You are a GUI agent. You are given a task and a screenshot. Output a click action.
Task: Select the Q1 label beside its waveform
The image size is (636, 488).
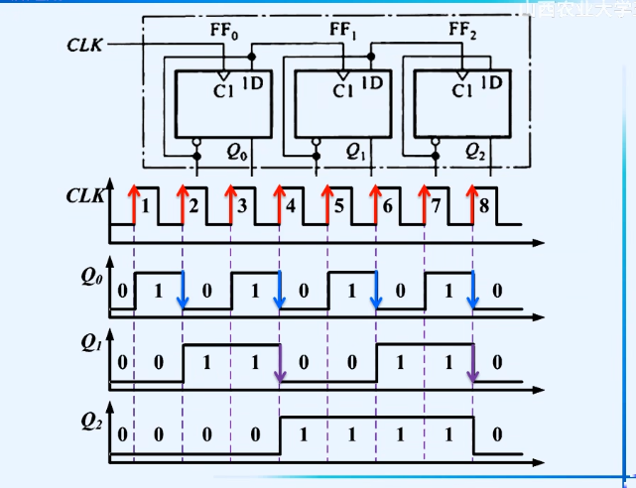[91, 345]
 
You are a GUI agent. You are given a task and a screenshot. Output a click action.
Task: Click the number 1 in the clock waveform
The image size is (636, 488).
[146, 207]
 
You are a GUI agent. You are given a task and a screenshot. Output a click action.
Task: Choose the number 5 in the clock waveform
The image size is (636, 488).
[339, 207]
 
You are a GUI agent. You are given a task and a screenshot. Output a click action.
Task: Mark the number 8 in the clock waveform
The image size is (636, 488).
[484, 207]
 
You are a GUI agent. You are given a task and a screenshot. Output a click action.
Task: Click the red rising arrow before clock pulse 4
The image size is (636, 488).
[279, 204]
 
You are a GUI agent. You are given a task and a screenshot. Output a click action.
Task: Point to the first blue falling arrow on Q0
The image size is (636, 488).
[184, 292]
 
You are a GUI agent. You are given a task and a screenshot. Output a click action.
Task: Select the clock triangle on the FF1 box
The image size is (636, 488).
[342, 75]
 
